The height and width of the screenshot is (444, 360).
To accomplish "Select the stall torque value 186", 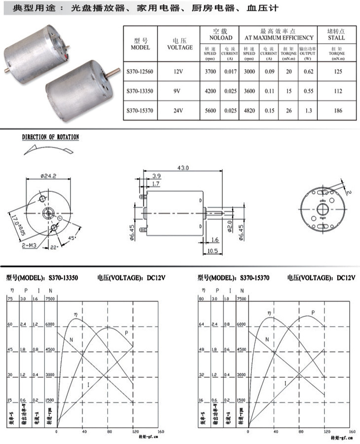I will (337, 111).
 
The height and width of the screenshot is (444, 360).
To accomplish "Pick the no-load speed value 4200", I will (210, 91).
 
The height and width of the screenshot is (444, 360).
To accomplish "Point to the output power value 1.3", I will (308, 111).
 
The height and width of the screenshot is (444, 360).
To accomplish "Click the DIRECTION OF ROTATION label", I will (50, 137).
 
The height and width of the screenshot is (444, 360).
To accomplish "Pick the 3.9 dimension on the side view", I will (156, 176).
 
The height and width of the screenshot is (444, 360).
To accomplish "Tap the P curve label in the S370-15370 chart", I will (313, 313).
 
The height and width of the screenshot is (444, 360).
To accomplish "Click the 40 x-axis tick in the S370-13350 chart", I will (82, 432).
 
